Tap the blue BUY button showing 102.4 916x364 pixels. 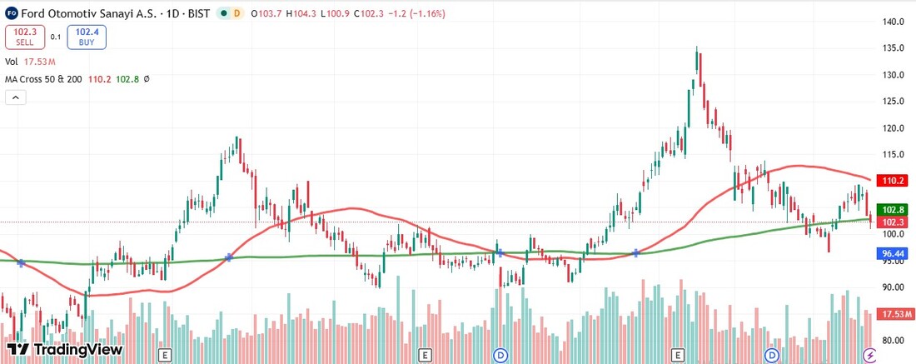(x=87, y=36)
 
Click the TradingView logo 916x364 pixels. (x=64, y=350)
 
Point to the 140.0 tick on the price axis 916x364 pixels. (x=894, y=22)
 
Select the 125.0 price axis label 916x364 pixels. (x=894, y=102)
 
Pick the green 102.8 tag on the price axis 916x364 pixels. (x=894, y=210)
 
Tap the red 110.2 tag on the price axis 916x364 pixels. (x=894, y=180)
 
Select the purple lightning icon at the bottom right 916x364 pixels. (x=870, y=355)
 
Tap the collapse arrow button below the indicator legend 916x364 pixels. (x=16, y=97)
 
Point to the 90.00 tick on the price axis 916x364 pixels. (x=894, y=287)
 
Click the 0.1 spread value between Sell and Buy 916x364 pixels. (x=55, y=36)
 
